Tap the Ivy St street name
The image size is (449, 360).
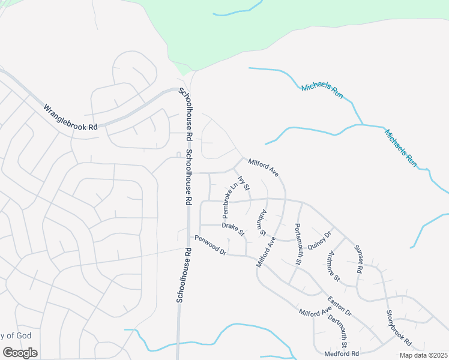tap(244, 182)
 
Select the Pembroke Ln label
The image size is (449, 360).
tap(227, 200)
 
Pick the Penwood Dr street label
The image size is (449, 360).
tap(209, 244)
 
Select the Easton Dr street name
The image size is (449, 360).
tap(339, 306)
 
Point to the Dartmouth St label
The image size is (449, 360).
tap(338, 329)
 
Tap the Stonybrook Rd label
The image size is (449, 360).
tap(399, 328)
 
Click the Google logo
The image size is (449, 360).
tap(20, 352)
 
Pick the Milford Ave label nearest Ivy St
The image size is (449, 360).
tap(264, 167)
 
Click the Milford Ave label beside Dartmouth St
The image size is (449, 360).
tap(315, 312)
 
